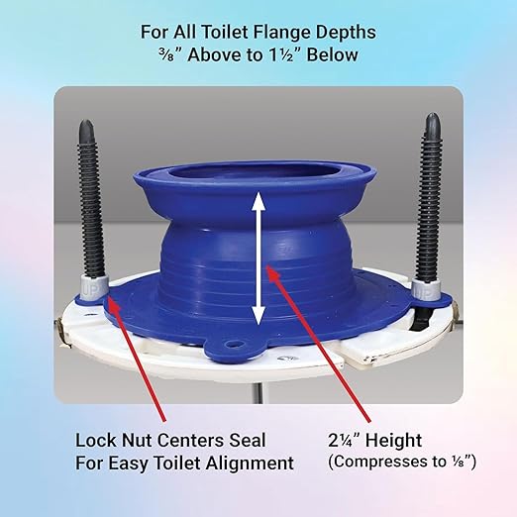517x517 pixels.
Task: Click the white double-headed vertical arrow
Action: point(258,258)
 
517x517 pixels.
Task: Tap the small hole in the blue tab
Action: point(234,347)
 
